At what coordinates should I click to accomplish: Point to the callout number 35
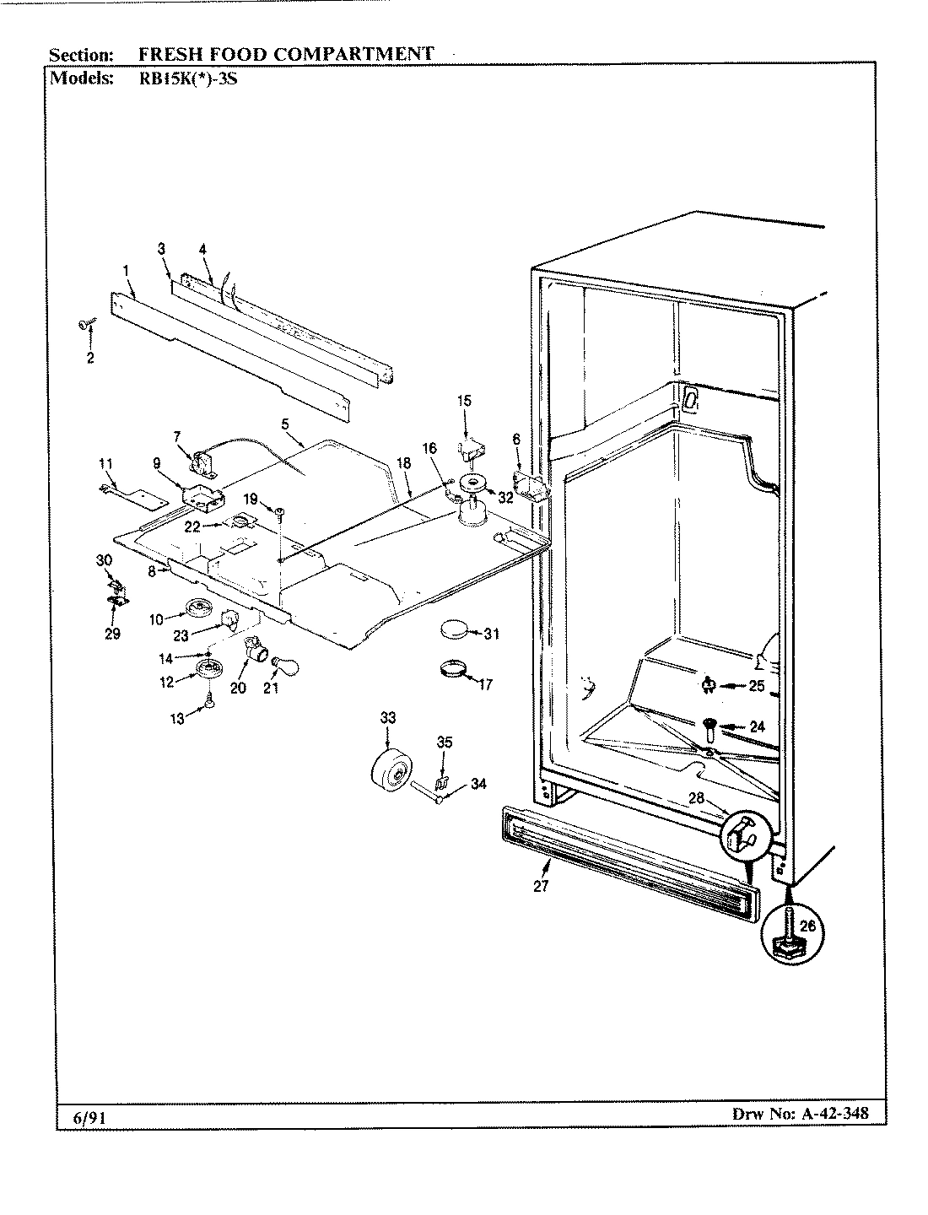tap(444, 742)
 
